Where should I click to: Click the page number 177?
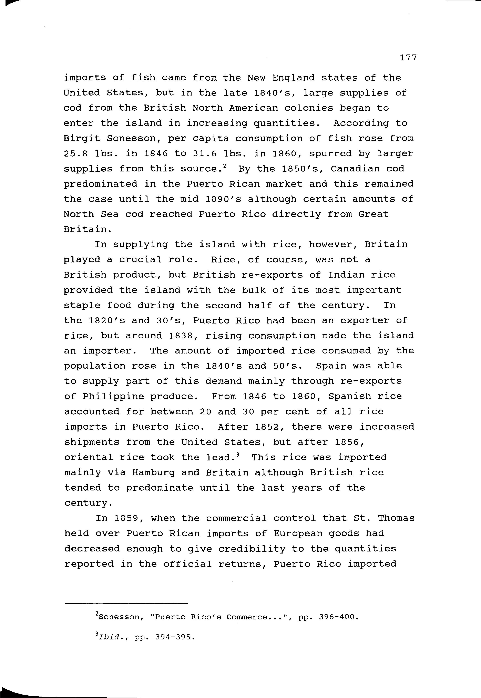point(408,58)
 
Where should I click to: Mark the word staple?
point(82,306)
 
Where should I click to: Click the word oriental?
point(89,457)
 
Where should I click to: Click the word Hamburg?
point(153,472)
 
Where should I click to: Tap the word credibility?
point(252,549)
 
